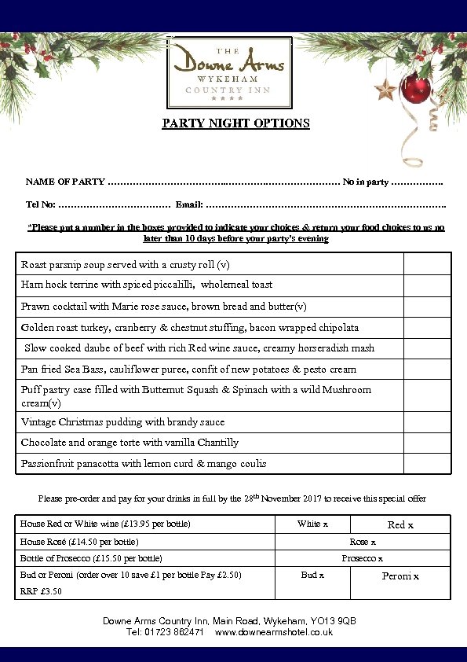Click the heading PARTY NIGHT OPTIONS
coord(235,123)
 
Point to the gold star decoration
coord(385,89)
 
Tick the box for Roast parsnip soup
coord(427,264)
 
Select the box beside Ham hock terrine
coord(427,285)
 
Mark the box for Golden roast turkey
coord(427,328)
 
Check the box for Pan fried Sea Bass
coord(427,370)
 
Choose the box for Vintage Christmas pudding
coord(427,422)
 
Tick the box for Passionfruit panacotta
coord(427,464)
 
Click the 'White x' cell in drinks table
coord(312,524)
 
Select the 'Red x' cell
coord(400,524)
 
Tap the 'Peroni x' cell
coord(400,576)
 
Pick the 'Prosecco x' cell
coord(362,558)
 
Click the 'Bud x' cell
coord(312,576)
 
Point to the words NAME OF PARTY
coord(65,182)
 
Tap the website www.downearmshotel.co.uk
coord(273,632)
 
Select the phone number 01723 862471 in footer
coord(174,632)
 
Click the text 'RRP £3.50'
coord(41,591)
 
